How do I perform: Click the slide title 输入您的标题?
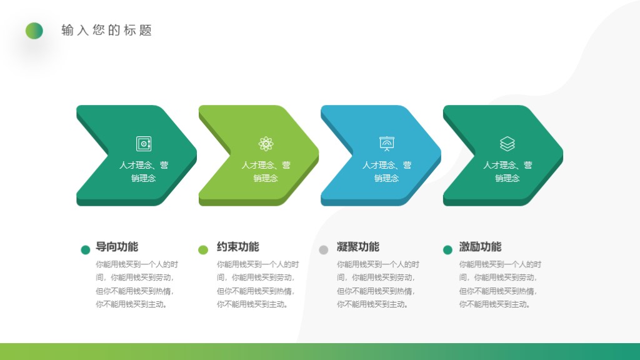tap(107, 31)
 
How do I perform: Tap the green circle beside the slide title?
tap(34, 31)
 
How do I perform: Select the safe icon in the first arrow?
tap(144, 144)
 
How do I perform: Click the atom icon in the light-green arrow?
tap(266, 144)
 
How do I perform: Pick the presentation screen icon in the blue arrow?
tap(387, 144)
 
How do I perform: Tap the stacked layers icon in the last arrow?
tap(507, 144)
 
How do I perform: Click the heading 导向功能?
tap(117, 247)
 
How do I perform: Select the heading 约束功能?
tap(237, 247)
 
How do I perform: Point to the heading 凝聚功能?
tap(357, 247)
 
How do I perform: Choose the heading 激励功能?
tap(480, 247)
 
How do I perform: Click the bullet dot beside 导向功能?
tap(86, 250)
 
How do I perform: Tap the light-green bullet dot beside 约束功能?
tap(203, 250)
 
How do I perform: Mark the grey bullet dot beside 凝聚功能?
tap(323, 250)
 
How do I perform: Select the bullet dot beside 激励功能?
tap(447, 250)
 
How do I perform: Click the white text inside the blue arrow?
tap(387, 172)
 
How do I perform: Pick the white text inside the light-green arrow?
tap(266, 172)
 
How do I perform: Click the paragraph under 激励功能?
tap(500, 284)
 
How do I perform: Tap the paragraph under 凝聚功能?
tap(377, 284)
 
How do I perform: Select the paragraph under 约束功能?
tap(257, 284)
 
